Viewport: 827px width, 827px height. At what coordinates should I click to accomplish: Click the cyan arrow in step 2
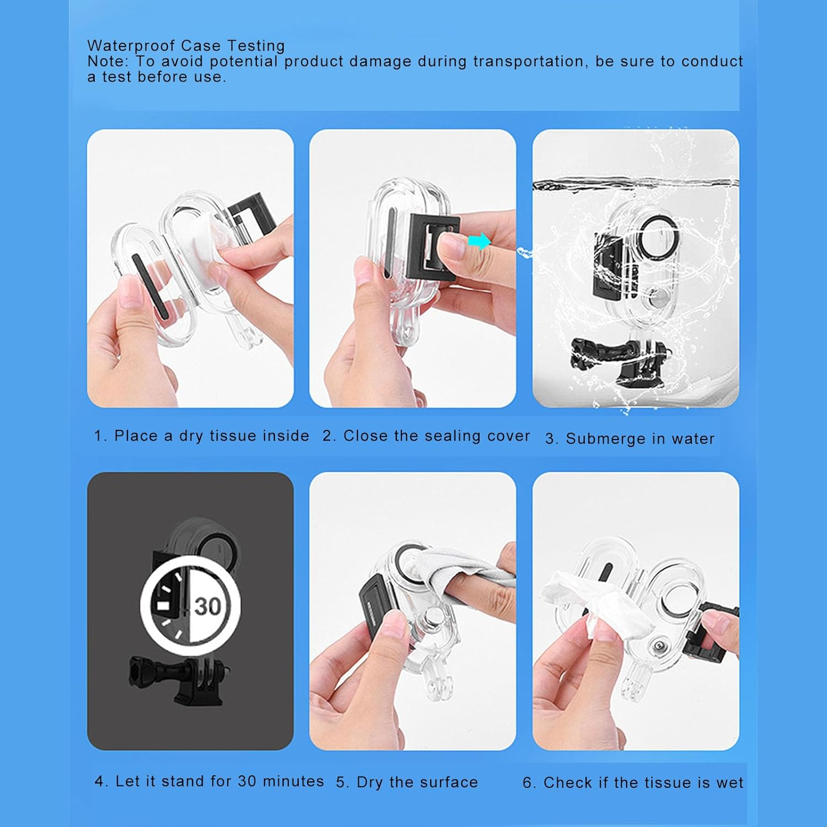[x=479, y=241]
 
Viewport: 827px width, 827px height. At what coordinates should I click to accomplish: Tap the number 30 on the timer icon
[x=207, y=606]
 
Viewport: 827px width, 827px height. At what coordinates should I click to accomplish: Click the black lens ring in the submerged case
[x=656, y=233]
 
